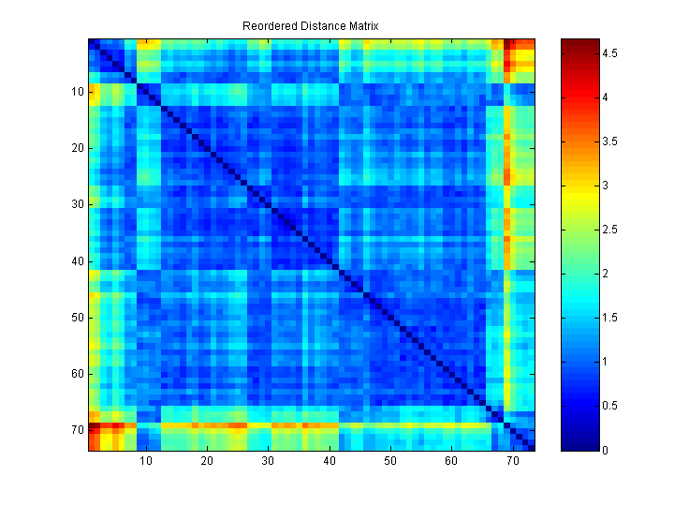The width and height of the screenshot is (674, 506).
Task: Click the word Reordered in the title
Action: (267, 26)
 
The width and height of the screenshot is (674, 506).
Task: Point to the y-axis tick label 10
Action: (78, 92)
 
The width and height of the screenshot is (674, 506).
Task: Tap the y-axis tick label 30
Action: (78, 204)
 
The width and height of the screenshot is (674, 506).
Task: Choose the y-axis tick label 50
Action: (78, 318)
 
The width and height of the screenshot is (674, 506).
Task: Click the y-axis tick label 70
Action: (78, 430)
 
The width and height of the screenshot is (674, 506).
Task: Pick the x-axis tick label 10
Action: (145, 461)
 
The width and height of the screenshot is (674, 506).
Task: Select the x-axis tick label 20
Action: (206, 461)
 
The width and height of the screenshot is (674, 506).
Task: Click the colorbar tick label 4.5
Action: (609, 53)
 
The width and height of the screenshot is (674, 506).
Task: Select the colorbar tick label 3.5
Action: (609, 141)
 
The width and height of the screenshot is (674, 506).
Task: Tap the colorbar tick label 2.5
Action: (609, 230)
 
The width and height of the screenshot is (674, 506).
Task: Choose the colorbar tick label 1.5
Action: (609, 318)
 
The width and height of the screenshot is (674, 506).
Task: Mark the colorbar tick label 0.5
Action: (609, 406)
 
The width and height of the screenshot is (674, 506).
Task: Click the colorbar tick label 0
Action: (605, 450)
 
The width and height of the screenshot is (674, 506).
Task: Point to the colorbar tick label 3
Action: (605, 186)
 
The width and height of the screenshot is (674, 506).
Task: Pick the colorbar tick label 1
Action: (605, 362)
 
